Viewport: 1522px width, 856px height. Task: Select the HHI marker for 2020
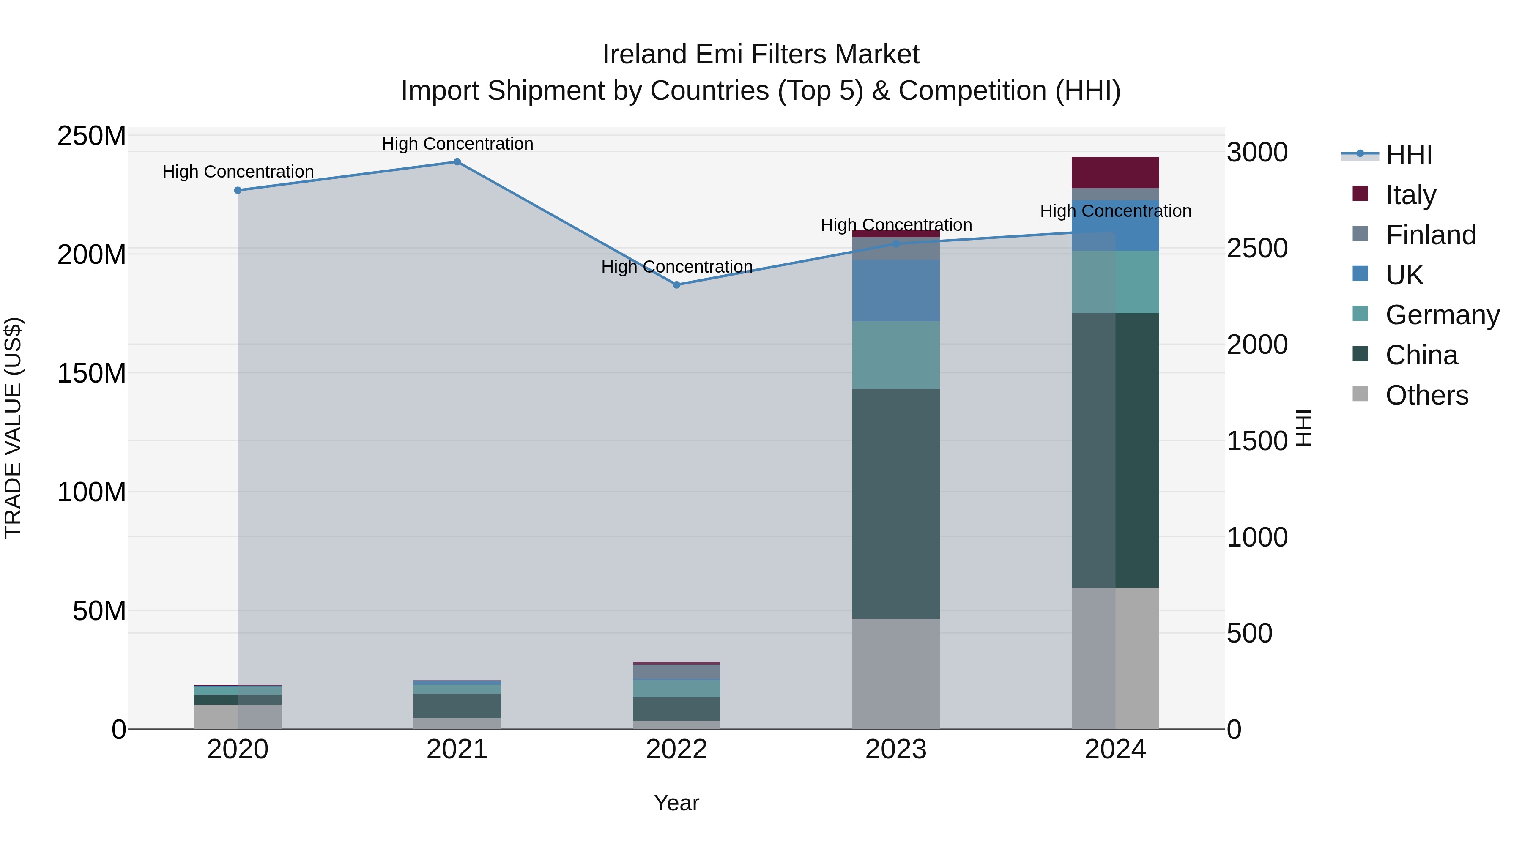coord(238,190)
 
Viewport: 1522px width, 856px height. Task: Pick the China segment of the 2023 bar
coord(896,503)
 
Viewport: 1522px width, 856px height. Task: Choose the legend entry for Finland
coord(1430,235)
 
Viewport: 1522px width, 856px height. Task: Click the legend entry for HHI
coord(1409,155)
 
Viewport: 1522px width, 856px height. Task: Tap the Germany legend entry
coord(1442,315)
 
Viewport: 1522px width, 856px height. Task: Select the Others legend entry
coord(1426,395)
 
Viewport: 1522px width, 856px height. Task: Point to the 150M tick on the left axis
coord(92,373)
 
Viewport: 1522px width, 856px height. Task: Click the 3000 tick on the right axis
coord(1257,153)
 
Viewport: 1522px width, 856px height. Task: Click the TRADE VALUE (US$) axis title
coord(13,428)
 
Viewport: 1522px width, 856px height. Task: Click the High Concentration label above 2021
coord(457,144)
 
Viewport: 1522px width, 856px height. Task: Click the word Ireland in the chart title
coord(644,55)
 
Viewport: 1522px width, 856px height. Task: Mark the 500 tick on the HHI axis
coord(1249,633)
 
